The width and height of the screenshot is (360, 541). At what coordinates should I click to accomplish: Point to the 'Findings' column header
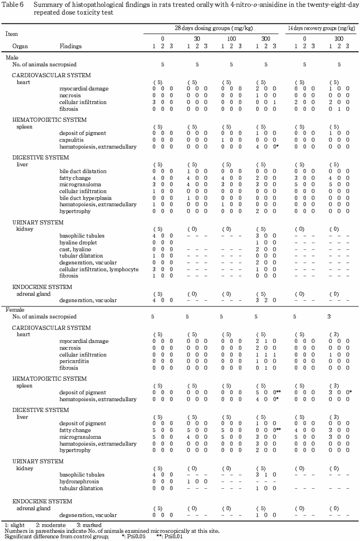[x=71, y=46]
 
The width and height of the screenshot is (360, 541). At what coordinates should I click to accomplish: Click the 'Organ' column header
[x=21, y=46]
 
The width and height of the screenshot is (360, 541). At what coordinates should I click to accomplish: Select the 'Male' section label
[x=12, y=58]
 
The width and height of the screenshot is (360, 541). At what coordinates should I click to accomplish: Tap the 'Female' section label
[x=14, y=310]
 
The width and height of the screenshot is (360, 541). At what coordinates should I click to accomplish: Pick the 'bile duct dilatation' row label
[x=83, y=171]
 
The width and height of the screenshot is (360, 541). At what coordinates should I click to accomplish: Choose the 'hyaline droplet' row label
[x=78, y=243]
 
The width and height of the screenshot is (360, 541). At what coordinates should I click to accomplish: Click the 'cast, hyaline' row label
[x=75, y=249]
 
